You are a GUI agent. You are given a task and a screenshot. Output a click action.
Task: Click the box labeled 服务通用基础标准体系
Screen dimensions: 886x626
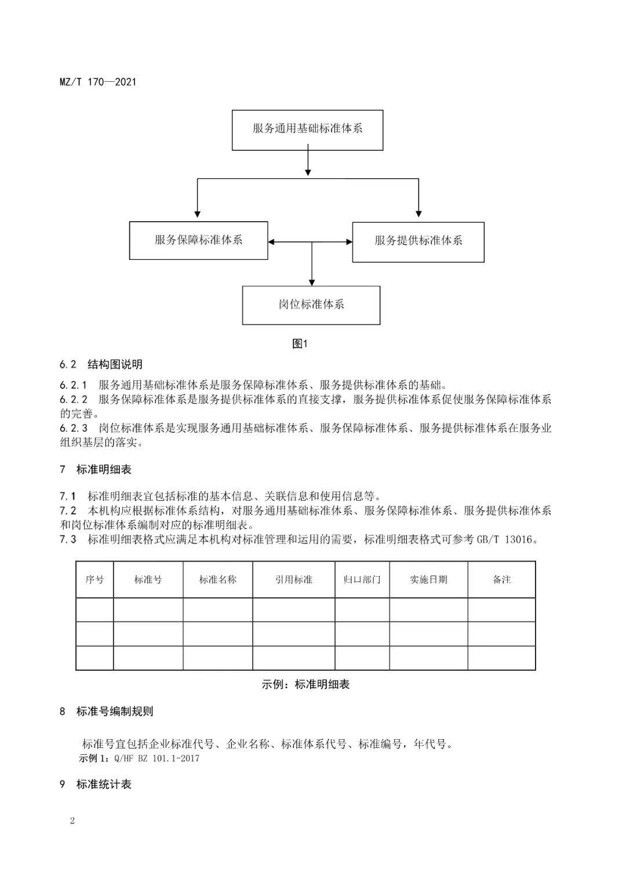[307, 129]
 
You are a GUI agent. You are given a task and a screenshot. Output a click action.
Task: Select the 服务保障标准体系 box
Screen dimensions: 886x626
[198, 240]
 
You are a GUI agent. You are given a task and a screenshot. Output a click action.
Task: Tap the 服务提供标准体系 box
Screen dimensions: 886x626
[418, 241]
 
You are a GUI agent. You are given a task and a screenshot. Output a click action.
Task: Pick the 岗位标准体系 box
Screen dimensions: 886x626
[311, 305]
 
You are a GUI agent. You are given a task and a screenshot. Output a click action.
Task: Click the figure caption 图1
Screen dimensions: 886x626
[300, 344]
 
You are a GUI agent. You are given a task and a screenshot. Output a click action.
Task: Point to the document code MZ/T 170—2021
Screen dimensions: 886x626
[98, 82]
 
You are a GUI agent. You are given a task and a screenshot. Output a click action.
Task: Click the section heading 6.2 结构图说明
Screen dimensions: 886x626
[101, 364]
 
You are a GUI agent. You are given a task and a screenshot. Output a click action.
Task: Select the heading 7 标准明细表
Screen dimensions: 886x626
[96, 469]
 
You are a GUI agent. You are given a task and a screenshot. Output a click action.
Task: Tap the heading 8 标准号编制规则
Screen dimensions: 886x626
[107, 711]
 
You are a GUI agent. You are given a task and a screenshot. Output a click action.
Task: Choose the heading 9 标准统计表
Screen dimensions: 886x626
[96, 784]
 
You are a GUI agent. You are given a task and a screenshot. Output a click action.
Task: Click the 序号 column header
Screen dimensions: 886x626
[94, 580]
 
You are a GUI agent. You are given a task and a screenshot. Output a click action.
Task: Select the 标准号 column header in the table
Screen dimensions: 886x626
[148, 580]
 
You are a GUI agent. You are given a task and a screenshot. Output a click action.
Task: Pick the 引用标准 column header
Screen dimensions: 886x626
[294, 580]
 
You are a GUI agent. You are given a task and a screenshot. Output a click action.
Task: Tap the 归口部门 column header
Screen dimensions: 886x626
[362, 580]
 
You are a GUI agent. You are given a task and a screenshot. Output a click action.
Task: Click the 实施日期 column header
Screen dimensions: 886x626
[428, 580]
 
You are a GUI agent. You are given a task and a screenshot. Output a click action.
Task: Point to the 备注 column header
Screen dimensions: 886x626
[501, 580]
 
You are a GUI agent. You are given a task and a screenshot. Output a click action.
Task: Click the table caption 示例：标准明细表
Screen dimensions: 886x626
[305, 685]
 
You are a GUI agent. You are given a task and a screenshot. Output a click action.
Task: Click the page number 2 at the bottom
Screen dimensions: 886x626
[72, 820]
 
